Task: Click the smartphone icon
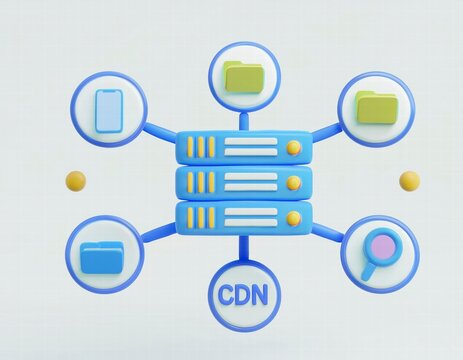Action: (108, 111)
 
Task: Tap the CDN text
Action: (244, 295)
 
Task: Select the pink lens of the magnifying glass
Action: (381, 246)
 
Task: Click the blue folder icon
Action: (102, 258)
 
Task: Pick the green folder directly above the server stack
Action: (244, 76)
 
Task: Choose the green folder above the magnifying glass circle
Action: (376, 106)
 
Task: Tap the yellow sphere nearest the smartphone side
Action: (75, 181)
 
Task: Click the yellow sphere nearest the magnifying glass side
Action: (409, 181)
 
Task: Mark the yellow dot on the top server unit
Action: (293, 147)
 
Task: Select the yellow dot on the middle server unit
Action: (293, 182)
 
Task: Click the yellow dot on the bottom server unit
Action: (293, 217)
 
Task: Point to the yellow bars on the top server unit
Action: (201, 148)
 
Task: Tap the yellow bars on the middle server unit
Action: (201, 182)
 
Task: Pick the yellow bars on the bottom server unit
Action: (201, 217)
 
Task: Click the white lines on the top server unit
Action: (250, 148)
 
